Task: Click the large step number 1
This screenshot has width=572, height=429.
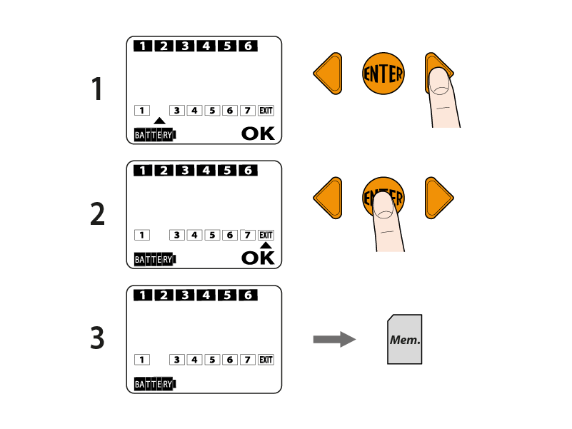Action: coord(96,89)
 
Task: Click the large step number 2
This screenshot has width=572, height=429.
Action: coord(97,213)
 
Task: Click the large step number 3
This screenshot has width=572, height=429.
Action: coord(97,338)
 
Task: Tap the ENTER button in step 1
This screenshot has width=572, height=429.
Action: coord(383,74)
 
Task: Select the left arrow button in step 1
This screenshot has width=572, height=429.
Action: coord(328,74)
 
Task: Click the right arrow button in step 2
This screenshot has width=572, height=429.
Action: coord(439,198)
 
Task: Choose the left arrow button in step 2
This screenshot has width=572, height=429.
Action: coord(328,198)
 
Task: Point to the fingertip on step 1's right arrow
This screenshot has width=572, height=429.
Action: coord(440,81)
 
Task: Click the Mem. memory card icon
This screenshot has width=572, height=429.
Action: coord(405,339)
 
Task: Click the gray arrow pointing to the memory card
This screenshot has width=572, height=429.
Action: coord(334,340)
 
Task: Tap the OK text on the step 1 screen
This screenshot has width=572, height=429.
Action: coord(258,133)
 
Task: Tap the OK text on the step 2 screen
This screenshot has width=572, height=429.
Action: coord(258,258)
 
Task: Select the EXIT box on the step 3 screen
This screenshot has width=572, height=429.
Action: coord(266,360)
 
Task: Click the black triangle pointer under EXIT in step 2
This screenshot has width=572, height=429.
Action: coord(266,245)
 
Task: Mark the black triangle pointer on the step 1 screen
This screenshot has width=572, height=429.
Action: coord(159,121)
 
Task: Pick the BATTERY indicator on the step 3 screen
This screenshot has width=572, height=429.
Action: coord(155,384)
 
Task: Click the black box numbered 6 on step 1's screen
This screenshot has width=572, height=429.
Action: coord(248,46)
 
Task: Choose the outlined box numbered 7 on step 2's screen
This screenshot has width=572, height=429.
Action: coord(247,236)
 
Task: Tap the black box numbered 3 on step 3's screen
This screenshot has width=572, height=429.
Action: coord(185,295)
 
